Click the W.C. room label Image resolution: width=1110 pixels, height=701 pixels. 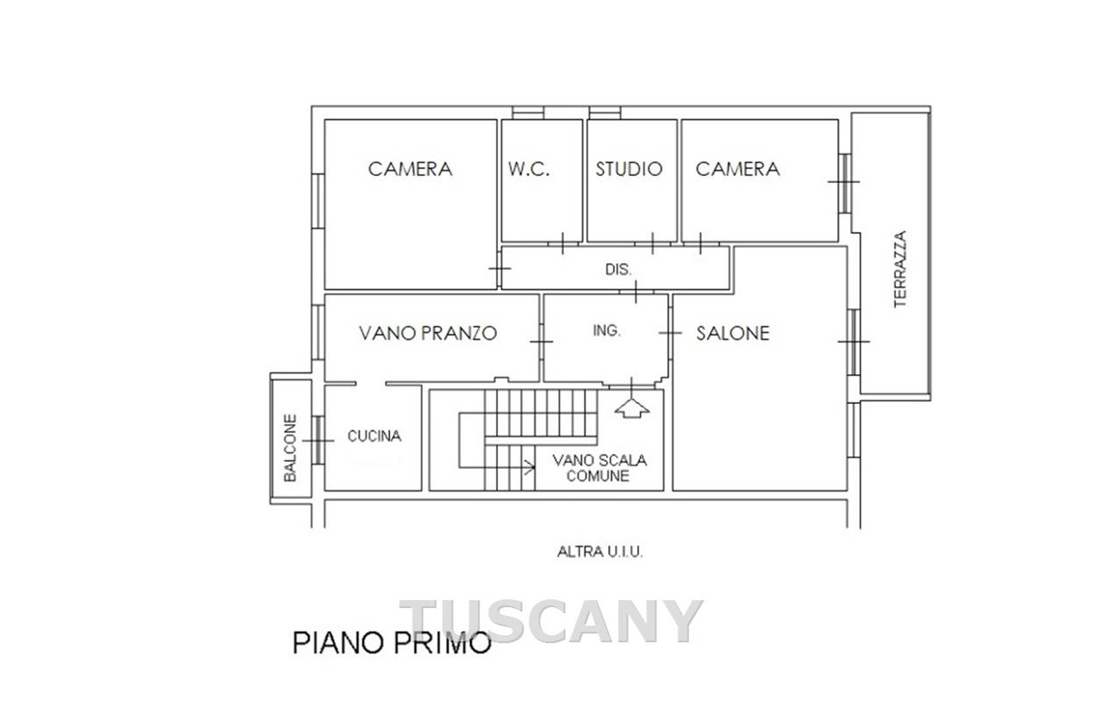pos(529,169)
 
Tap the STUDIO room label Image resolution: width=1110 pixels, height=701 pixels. pos(629,169)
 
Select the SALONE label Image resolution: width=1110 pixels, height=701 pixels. pos(733,333)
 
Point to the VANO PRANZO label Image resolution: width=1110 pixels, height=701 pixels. pos(428,333)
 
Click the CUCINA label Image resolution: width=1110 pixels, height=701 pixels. pos(374,436)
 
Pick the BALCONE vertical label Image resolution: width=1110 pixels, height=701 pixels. pos(290,448)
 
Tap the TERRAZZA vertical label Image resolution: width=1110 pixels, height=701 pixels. pos(900,269)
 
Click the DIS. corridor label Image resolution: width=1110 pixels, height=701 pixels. pos(618,270)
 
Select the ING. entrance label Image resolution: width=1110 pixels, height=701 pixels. pos(607,330)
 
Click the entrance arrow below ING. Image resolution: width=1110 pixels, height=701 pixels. pos(632,407)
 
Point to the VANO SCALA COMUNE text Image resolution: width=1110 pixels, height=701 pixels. pos(599,468)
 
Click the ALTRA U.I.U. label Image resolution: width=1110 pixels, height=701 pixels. pos(600,552)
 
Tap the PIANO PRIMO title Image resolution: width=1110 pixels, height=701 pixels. pos(391,643)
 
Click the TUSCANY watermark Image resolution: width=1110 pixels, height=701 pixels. pos(551,621)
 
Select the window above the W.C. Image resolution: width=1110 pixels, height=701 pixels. pos(528,113)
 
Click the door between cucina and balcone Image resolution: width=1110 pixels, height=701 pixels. pos(318,441)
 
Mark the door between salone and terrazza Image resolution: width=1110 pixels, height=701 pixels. pos(853,342)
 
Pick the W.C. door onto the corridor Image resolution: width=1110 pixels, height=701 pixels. pos(562,244)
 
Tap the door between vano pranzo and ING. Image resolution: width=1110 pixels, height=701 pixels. pos(541,342)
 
